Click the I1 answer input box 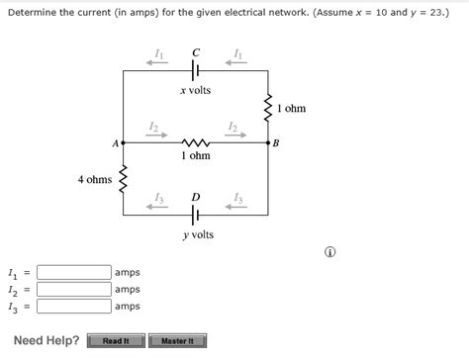(x=74, y=272)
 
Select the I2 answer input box (x=74, y=289)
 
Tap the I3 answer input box (x=74, y=306)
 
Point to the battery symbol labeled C (x=196, y=71)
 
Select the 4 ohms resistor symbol (x=123, y=180)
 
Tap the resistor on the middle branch (x=195, y=142)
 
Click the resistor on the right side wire (x=267, y=108)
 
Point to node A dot (x=123, y=142)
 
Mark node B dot (x=267, y=142)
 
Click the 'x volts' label (x=195, y=91)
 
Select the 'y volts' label (x=197, y=235)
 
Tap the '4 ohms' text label (x=95, y=180)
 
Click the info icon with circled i (x=329, y=252)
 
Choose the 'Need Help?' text (x=47, y=341)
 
